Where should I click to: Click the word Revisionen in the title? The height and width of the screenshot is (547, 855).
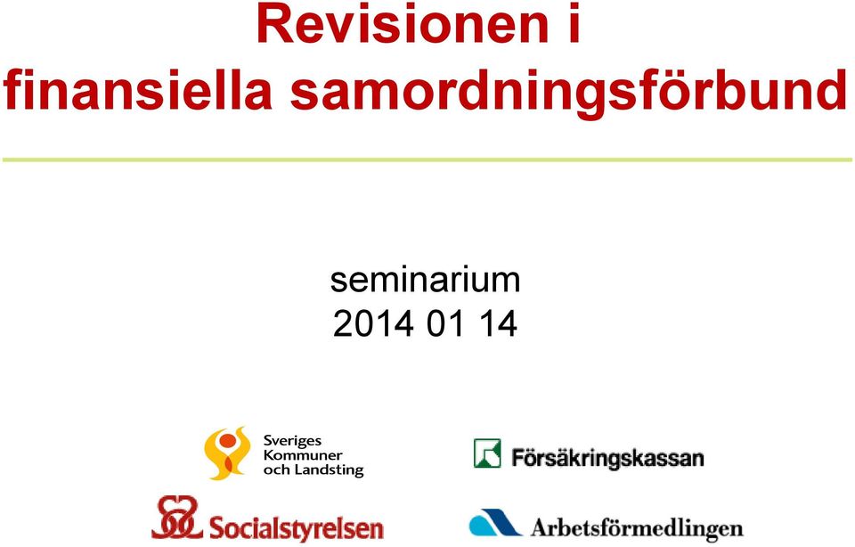403,25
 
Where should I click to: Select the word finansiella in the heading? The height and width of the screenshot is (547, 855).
137,89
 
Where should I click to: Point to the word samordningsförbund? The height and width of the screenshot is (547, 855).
569,94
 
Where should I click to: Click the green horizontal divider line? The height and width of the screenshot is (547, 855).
427,159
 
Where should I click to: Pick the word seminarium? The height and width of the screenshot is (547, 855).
426,281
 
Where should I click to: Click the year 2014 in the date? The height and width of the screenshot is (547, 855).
373,324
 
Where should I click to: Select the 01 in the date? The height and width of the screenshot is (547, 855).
445,324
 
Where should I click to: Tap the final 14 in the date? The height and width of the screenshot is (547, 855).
499,324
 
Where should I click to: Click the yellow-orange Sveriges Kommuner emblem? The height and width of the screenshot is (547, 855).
227,453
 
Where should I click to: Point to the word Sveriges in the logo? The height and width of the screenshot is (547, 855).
292,441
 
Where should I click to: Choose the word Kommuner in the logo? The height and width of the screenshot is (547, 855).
303,455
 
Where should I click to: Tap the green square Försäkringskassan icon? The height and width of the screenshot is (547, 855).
487,453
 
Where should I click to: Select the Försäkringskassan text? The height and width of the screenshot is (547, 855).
607,458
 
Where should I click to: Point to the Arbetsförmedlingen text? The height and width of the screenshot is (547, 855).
637,528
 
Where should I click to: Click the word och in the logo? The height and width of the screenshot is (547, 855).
276,469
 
